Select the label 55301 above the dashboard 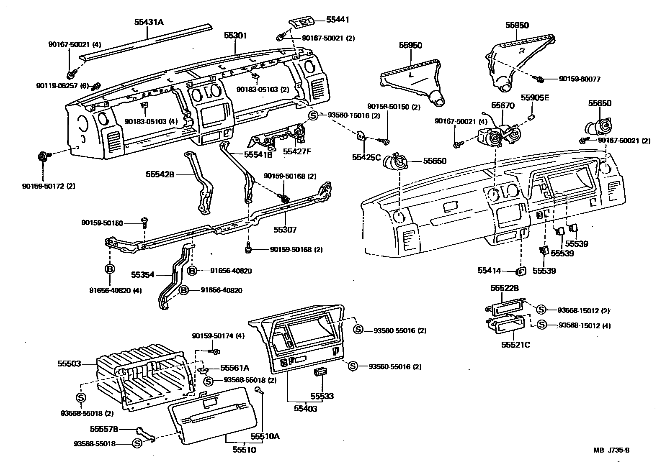235,36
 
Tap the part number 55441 338,19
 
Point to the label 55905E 535,98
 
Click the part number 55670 502,106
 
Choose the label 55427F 297,151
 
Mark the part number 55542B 160,174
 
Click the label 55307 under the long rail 285,230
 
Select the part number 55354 143,275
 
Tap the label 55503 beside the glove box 69,364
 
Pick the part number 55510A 265,436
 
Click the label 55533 322,396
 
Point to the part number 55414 489,271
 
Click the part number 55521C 515,345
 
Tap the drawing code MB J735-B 611,451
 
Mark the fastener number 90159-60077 580,79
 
